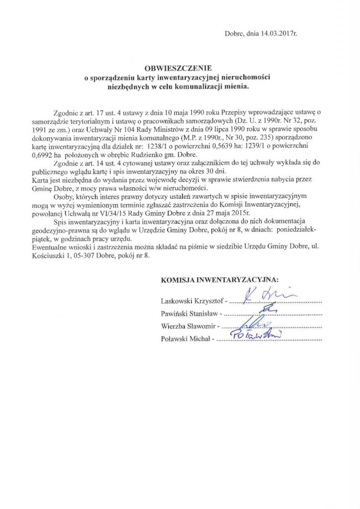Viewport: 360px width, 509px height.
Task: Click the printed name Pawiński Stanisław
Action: coord(191,314)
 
